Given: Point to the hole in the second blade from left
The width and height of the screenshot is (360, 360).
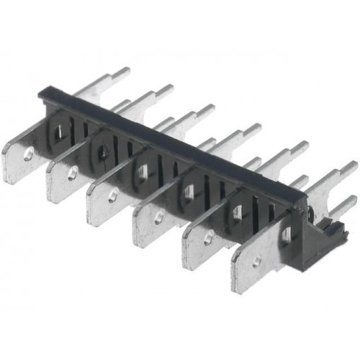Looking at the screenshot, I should [x=71, y=172].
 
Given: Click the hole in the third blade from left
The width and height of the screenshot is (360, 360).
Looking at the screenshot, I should [x=113, y=196].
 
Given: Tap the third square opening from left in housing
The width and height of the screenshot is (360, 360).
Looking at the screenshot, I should [x=142, y=169].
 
